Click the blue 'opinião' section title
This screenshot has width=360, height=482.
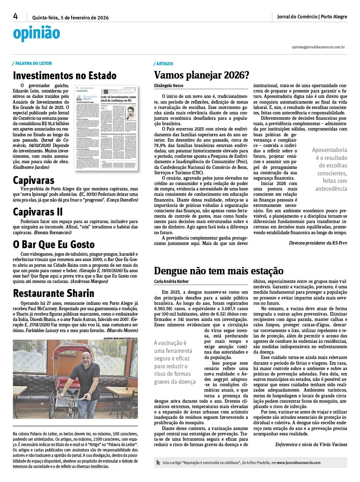coord(36,33)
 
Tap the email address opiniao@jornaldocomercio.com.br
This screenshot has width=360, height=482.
coord(318,47)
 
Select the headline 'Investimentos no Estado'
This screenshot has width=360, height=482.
coord(65,76)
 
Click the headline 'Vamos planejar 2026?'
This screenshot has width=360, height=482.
coord(201,75)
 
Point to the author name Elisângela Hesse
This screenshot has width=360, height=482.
coord(169,86)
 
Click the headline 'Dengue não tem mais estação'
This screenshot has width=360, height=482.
coord(219,271)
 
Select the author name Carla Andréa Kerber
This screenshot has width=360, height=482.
coord(171,282)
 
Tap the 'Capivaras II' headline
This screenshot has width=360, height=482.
coord(38,212)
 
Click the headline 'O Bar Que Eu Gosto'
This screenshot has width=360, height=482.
coord(54,245)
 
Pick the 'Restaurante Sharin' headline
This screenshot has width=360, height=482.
coord(53,293)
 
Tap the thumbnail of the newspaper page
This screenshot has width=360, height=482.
coord(106,128)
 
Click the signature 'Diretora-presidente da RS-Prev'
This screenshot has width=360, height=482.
coord(318,243)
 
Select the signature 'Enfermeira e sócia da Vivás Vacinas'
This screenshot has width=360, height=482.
coord(311,444)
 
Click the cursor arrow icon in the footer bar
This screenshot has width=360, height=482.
coord(158,463)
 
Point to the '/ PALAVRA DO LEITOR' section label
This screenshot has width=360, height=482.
coord(32,63)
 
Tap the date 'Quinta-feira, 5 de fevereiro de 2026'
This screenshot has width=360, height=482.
coord(70,18)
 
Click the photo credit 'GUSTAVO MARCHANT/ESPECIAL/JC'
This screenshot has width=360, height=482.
coord(120,338)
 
